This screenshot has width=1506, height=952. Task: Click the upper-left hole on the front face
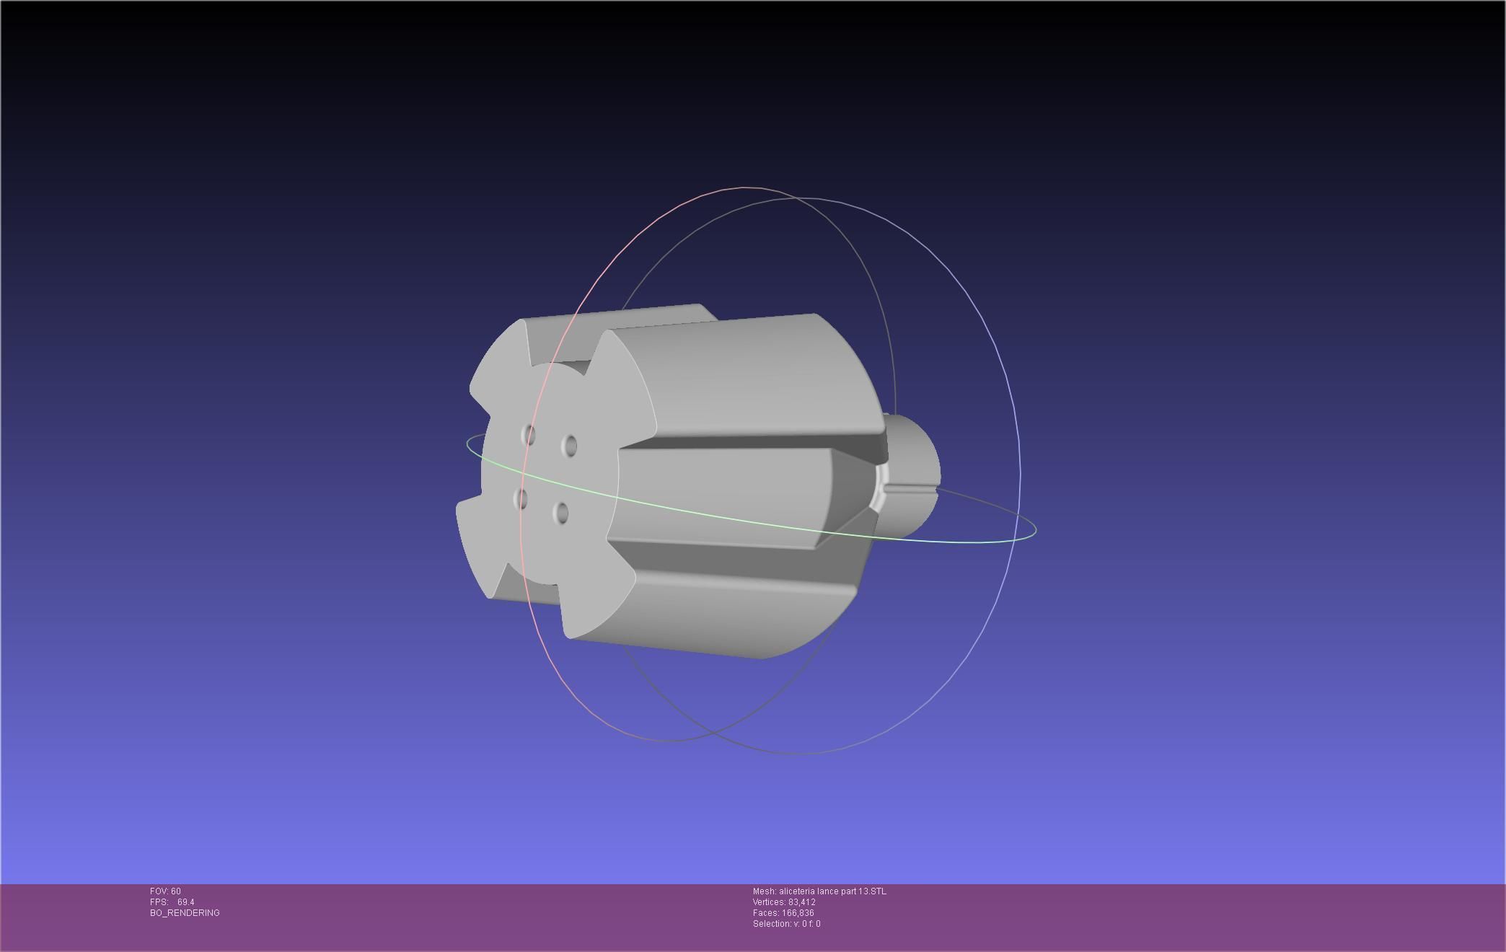(x=529, y=435)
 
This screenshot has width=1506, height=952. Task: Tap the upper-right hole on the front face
(x=570, y=446)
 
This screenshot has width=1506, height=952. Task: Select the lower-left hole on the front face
(x=521, y=498)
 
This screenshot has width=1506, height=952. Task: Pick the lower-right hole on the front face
(x=561, y=513)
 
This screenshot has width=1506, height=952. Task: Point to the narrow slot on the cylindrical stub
(x=909, y=490)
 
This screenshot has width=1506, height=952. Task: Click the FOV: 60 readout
(x=165, y=891)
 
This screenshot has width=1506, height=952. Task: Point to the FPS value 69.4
(x=185, y=902)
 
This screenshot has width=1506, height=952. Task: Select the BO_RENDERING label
(x=185, y=913)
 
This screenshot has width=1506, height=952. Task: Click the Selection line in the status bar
(x=786, y=924)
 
